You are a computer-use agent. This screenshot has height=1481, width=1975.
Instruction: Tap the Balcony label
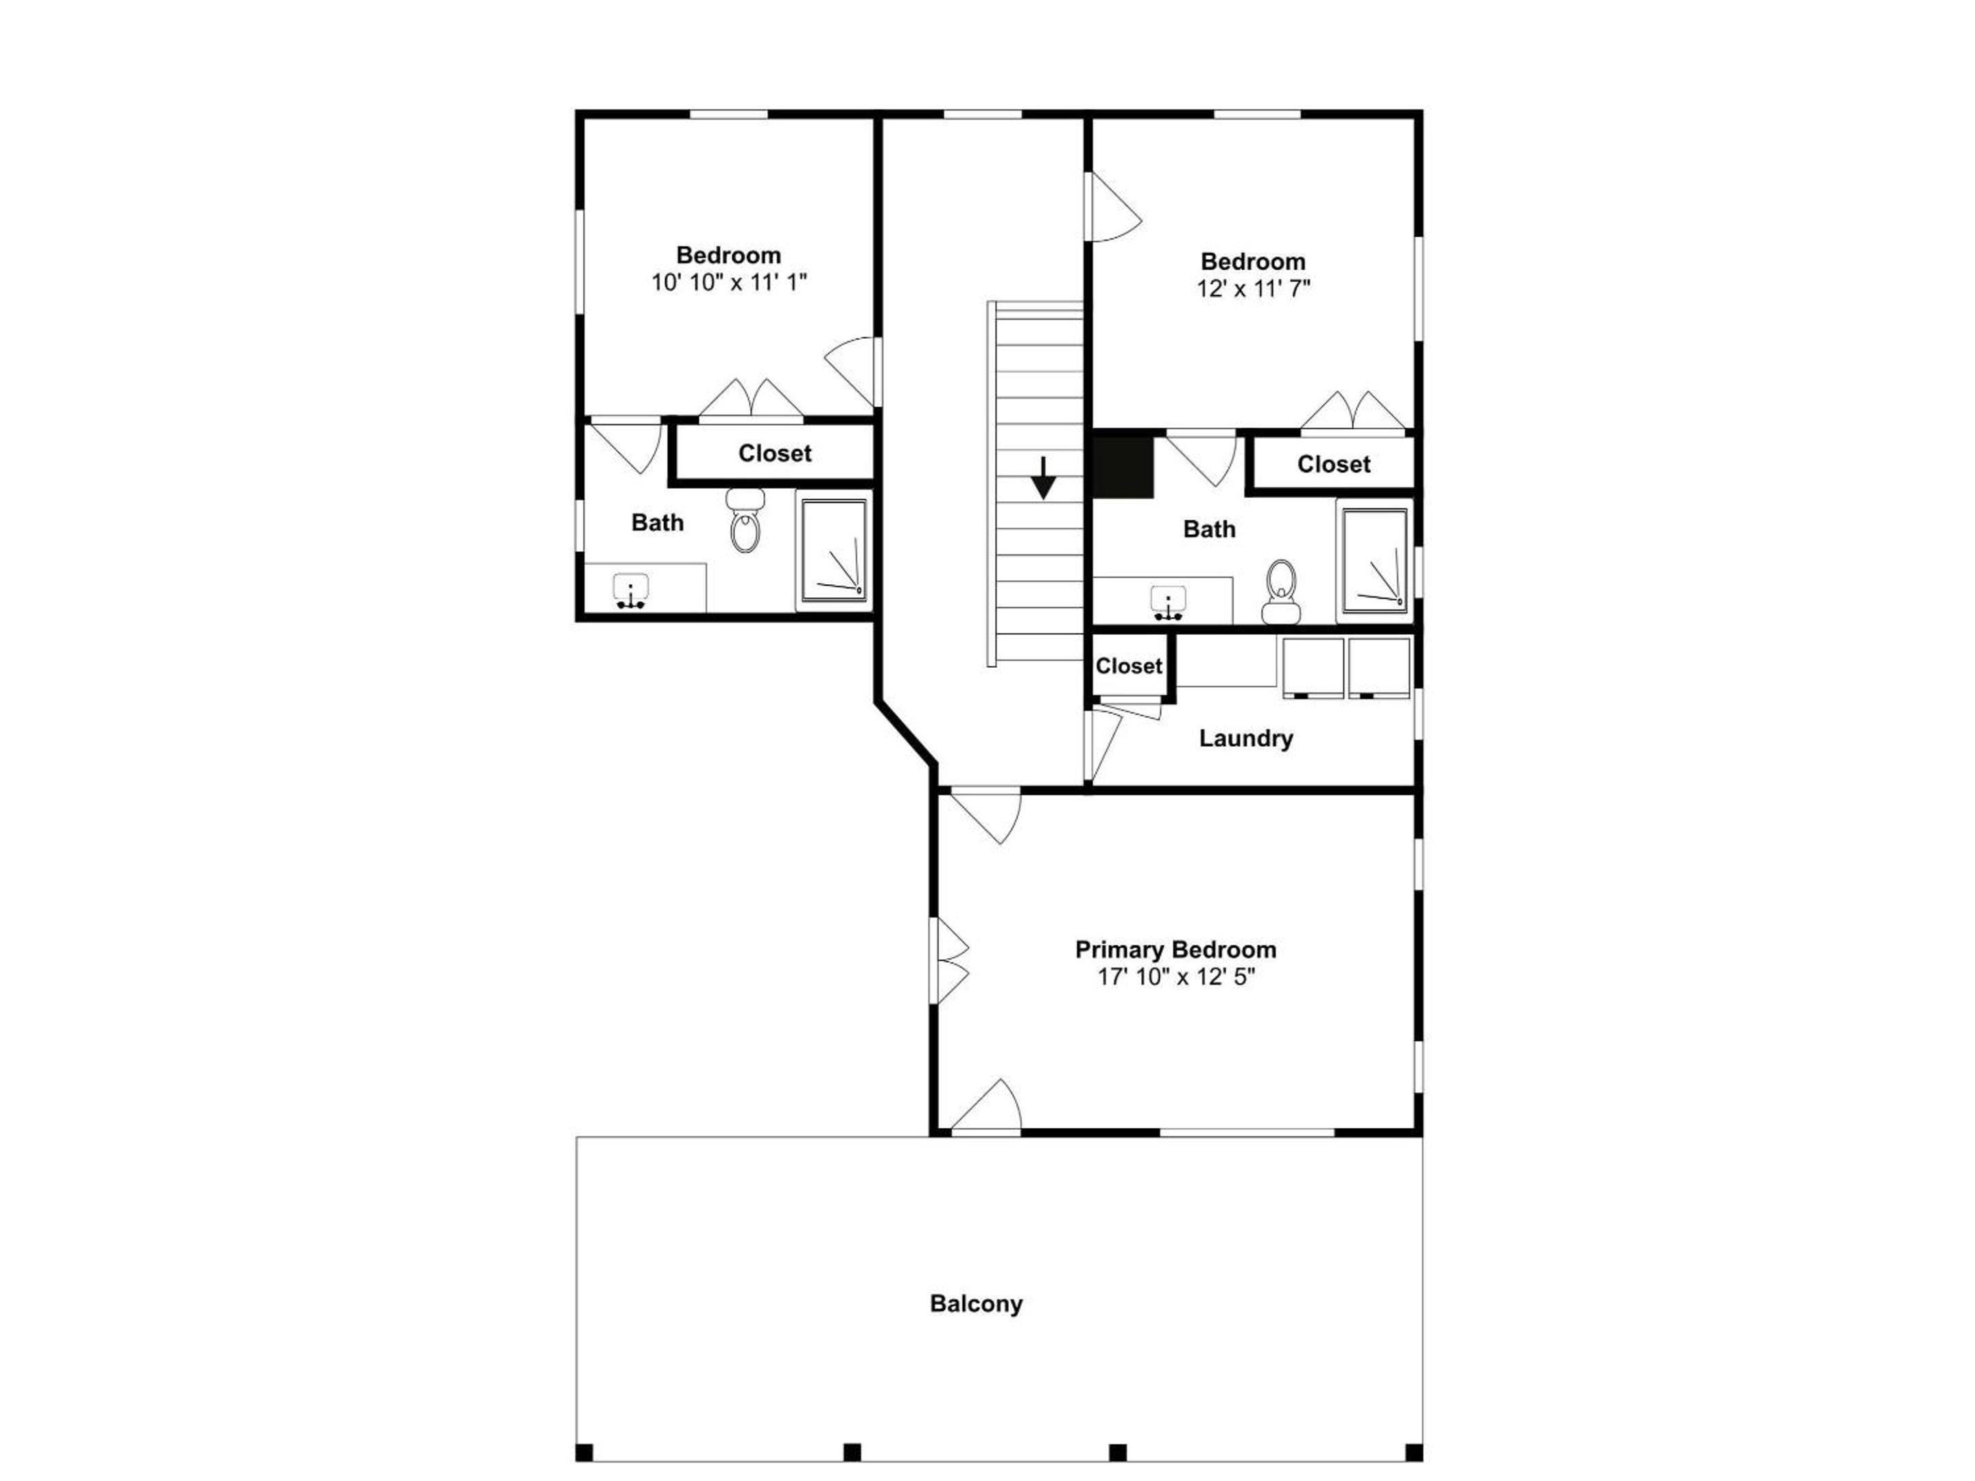point(976,1304)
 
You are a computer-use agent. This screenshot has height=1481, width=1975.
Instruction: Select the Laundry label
point(1245,738)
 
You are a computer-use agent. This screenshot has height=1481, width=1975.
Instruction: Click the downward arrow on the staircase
point(1043,478)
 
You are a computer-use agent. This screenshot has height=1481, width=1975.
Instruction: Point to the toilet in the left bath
point(745,520)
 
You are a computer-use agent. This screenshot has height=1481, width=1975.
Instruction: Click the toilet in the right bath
point(1281,591)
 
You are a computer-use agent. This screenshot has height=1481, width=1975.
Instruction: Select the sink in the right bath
point(1168,603)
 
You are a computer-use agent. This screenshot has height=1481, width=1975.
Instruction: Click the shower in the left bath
point(834,550)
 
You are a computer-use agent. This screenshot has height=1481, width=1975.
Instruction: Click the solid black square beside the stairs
point(1124,464)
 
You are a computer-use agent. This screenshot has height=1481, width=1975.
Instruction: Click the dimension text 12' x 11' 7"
point(1254,289)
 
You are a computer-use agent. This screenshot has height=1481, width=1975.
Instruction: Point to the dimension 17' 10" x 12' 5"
point(1176,976)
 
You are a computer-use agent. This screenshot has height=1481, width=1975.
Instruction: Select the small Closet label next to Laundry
point(1129,666)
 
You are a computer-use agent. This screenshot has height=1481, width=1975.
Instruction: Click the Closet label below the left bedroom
point(775,453)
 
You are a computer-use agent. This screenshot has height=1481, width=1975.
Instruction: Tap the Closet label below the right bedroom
point(1334,464)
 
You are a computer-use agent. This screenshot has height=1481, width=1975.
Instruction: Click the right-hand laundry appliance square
point(1378,668)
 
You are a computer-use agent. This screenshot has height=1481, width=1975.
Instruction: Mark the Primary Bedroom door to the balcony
point(985,1106)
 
